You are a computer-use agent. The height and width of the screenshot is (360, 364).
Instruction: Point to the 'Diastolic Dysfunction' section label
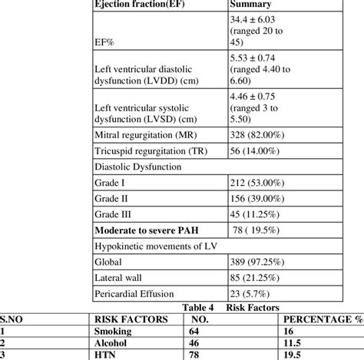(x=137, y=166)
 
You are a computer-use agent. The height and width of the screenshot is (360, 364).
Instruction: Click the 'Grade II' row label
(x=110, y=198)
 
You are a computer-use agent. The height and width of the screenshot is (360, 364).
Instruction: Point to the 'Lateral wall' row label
(x=118, y=278)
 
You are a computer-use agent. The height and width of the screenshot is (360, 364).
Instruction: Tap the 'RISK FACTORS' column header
(x=124, y=317)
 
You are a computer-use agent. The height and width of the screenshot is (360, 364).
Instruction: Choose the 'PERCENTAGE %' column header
(x=321, y=317)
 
